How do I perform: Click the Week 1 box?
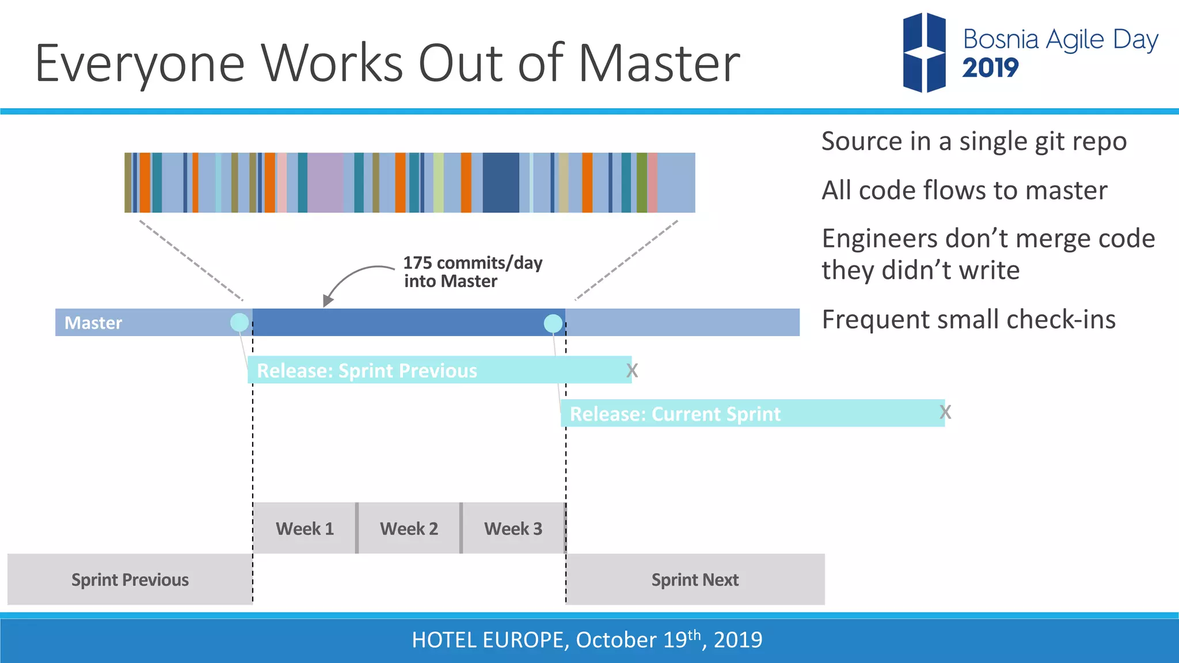point(305,528)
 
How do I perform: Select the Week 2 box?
point(409,528)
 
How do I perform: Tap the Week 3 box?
point(513,528)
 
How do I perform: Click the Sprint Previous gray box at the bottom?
point(130,580)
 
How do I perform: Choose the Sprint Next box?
point(695,580)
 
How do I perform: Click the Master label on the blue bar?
point(93,323)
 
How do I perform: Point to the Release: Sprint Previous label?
point(367,371)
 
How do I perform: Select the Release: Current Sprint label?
point(675,414)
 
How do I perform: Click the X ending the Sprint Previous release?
point(632,371)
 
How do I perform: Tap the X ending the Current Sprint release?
point(945,412)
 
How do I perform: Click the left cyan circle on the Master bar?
point(239,322)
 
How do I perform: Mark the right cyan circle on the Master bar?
point(553,323)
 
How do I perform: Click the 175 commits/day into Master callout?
point(472,272)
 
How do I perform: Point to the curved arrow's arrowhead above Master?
point(328,300)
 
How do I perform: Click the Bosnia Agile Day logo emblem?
point(924,53)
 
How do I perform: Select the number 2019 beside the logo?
point(990,68)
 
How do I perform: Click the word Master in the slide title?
point(659,63)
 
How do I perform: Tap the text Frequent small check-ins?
point(968,319)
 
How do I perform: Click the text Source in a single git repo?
point(973,142)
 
